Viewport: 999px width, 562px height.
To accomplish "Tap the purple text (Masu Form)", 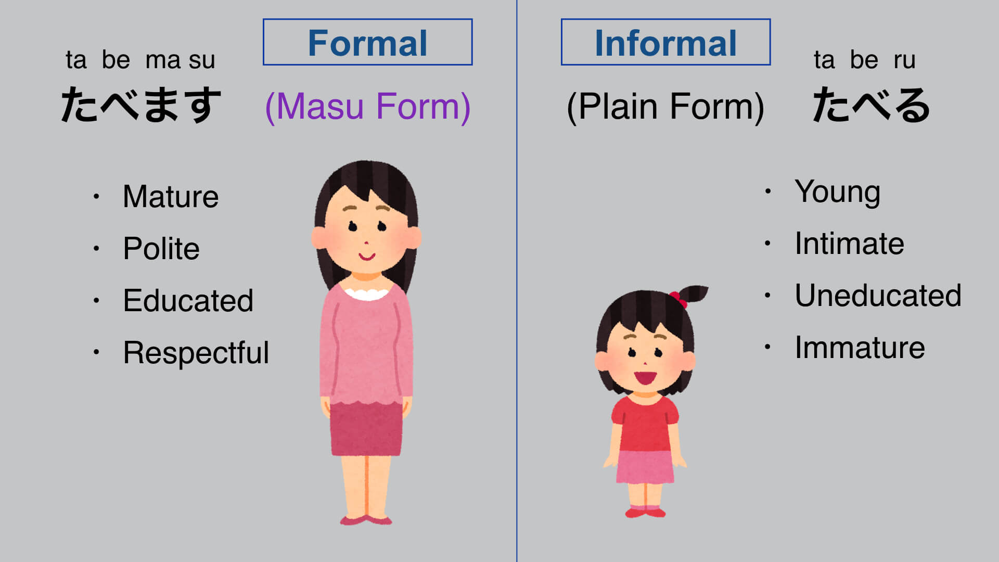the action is coord(368,107).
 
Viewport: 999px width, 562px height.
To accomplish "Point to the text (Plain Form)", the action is coord(665,107).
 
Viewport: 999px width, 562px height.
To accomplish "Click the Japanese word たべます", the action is coord(141,105).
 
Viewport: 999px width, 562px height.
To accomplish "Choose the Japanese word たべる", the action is coord(871,105).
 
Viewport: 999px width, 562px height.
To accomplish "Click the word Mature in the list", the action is coord(171,197).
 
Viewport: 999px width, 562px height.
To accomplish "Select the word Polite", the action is coord(161,248).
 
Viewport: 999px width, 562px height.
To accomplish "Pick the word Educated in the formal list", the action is coord(188,300).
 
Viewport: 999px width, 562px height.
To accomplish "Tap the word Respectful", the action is coord(196,353).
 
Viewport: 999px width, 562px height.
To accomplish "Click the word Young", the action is coord(838,192).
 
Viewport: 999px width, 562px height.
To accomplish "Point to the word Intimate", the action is coord(849,244).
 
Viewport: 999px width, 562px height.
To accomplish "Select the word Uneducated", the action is coord(878,296).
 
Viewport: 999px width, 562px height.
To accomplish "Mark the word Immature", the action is coord(860,348).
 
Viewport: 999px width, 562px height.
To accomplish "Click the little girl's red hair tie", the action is coord(678,299).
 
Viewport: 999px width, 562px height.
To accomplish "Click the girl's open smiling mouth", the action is coord(645,377).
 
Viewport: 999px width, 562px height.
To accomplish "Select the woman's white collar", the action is coord(366,293).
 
